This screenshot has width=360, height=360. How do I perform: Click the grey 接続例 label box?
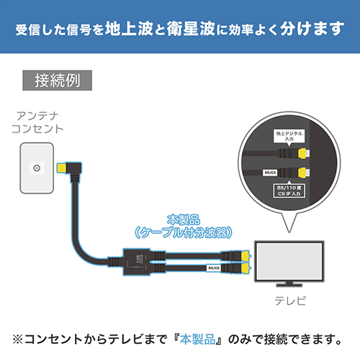[57, 81]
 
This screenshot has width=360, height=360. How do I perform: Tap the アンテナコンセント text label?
[37, 122]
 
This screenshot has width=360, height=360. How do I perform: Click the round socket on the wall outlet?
[37, 168]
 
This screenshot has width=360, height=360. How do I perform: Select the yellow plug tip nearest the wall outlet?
[62, 168]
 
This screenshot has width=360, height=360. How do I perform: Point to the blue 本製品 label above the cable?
[184, 220]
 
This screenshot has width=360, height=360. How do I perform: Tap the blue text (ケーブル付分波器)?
[184, 233]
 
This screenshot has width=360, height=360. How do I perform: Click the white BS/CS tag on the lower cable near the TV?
[214, 268]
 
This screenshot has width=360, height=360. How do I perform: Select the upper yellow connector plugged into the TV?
[246, 256]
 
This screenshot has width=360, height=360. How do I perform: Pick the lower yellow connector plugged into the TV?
[246, 268]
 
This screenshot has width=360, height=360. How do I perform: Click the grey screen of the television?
[289, 261]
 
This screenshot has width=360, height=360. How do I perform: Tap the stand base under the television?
[289, 285]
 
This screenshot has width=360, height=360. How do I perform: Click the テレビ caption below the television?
[290, 301]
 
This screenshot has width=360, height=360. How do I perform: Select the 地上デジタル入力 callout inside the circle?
[289, 136]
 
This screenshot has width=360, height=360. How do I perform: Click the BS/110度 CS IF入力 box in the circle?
[289, 191]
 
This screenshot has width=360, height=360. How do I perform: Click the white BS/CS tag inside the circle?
[270, 173]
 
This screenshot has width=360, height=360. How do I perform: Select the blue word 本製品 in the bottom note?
[197, 339]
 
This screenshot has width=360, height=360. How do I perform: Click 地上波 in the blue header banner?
[129, 29]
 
